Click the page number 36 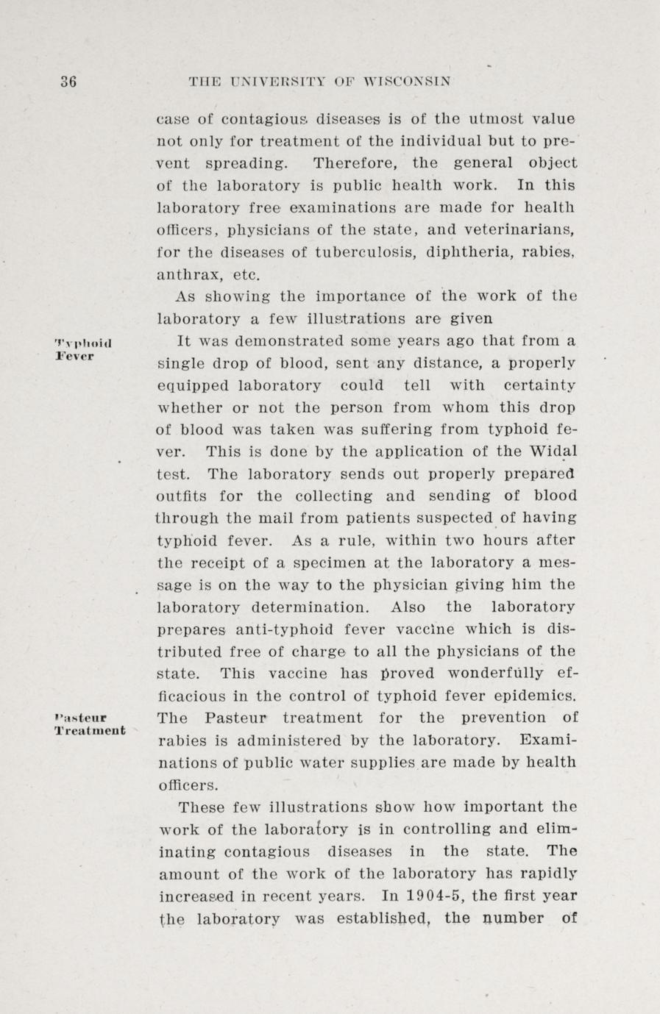(x=68, y=82)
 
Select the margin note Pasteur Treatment (x=90, y=724)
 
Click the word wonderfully (x=497, y=674)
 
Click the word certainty (x=539, y=385)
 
